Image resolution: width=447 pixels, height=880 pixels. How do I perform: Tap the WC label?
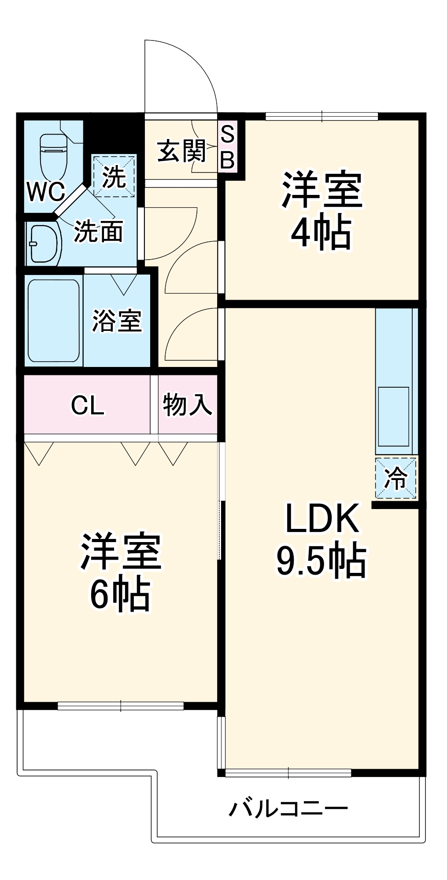click(x=46, y=192)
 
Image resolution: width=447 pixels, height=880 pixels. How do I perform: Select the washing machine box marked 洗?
click(x=114, y=176)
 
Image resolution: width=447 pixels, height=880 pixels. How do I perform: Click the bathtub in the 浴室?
click(x=53, y=321)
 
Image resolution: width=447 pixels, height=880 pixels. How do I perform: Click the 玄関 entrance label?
click(x=182, y=151)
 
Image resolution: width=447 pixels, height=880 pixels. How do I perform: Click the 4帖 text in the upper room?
click(x=321, y=231)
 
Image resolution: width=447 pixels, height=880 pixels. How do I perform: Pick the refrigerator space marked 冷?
click(x=395, y=478)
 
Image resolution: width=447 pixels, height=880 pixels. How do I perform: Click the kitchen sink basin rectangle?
click(x=393, y=416)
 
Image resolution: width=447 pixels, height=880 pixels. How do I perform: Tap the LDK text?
click(x=321, y=519)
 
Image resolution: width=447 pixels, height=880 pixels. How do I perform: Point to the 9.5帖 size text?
click(x=321, y=561)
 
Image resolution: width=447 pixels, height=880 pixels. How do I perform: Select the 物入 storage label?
click(x=188, y=404)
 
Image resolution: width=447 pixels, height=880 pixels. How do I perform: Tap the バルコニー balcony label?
click(x=288, y=809)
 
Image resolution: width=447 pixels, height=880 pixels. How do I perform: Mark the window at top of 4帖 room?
click(x=321, y=117)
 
